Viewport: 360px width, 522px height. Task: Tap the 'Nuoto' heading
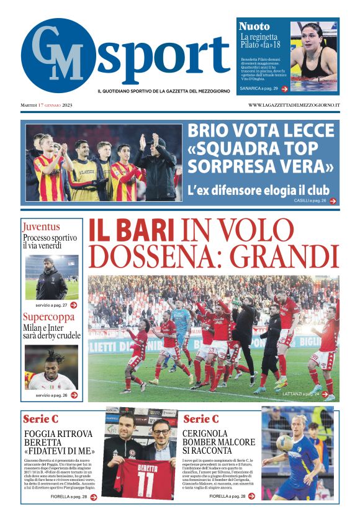point(254,27)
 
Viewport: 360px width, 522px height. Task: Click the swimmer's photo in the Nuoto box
point(313,56)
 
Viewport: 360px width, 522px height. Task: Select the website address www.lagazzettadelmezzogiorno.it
point(294,105)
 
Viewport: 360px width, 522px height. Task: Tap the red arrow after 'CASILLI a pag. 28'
point(333,201)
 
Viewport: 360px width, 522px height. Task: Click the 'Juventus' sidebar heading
point(42,227)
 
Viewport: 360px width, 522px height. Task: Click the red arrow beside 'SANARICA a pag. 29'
point(284,89)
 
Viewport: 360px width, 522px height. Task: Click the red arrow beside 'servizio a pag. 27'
point(74,305)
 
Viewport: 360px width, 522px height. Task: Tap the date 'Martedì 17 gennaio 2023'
point(47,105)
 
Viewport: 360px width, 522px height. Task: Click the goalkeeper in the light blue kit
point(181,323)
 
